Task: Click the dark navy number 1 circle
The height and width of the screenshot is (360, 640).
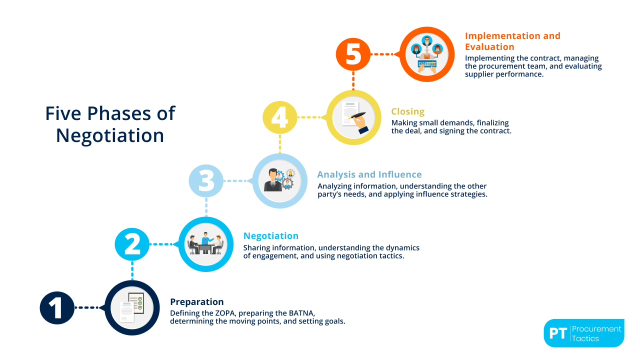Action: (x=57, y=307)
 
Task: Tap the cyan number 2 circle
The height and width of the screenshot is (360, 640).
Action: (x=132, y=244)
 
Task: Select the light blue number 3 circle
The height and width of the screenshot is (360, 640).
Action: (x=206, y=181)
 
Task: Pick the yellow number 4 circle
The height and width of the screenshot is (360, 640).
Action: (x=280, y=117)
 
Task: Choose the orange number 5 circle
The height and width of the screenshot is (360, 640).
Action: (x=353, y=54)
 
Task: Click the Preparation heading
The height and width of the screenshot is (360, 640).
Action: (x=197, y=301)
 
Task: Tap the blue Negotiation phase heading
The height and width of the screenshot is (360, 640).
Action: (x=271, y=235)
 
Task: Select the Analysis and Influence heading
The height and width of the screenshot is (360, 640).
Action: (x=369, y=174)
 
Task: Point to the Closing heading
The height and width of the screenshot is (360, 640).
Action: (x=407, y=111)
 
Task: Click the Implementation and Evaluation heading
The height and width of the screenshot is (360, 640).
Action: (x=512, y=41)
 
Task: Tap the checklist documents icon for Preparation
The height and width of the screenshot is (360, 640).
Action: (x=132, y=307)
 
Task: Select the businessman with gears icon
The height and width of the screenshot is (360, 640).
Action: (x=279, y=180)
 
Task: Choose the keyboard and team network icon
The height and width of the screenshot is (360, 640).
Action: (x=427, y=54)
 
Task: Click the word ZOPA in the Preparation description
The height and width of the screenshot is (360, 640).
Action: (x=225, y=313)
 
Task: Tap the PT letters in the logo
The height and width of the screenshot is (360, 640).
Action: (x=558, y=333)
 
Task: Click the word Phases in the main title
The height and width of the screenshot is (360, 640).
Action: (x=119, y=113)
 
